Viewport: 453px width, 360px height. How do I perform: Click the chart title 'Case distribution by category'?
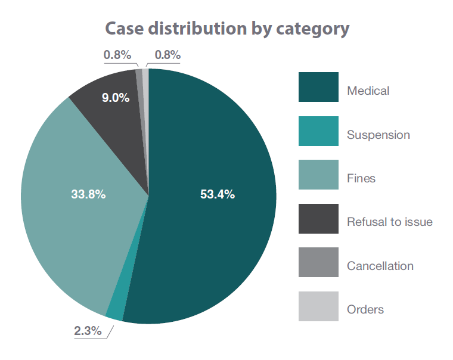pos(227,29)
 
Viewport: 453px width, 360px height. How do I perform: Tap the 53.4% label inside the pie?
pos(217,194)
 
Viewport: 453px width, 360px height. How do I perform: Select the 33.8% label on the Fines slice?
pos(88,194)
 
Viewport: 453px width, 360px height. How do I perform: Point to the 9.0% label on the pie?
pos(115,98)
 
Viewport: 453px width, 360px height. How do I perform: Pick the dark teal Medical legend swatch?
pos(318,88)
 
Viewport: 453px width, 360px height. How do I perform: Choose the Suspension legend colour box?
pos(318,131)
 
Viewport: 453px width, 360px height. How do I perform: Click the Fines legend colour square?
pos(318,175)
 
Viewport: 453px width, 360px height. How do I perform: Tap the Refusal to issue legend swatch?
pos(318,219)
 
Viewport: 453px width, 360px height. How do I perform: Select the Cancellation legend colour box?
pos(318,263)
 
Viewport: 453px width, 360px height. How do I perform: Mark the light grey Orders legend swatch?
pos(318,306)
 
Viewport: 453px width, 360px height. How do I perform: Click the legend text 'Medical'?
pos(368,91)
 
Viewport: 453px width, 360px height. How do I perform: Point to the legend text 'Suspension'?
pos(378,135)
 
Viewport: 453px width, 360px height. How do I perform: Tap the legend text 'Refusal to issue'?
pos(390,222)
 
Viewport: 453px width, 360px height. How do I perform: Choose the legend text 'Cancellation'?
pos(380,266)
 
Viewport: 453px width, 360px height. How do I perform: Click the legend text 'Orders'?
pos(365,310)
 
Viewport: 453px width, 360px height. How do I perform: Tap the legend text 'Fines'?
pos(361,179)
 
